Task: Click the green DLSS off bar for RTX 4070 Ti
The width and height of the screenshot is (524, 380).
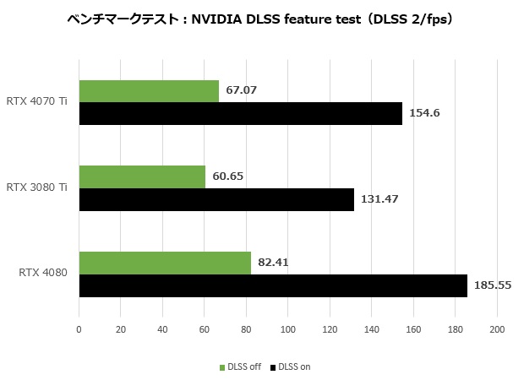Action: [149, 91]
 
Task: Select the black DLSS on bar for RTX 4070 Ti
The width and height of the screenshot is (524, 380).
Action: [241, 114]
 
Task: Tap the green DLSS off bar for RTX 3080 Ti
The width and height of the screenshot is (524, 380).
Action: [142, 176]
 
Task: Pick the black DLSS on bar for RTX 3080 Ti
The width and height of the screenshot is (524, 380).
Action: [216, 199]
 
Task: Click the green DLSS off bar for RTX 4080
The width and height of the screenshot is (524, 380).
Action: [165, 263]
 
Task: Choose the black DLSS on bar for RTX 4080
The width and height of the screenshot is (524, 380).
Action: [273, 285]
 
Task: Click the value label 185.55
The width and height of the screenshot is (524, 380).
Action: [493, 285]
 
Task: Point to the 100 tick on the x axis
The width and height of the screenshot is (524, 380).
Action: [288, 330]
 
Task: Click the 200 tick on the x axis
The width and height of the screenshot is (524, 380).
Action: [497, 330]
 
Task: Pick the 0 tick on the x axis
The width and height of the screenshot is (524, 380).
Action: [79, 330]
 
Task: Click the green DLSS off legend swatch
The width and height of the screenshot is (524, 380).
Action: [222, 367]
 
